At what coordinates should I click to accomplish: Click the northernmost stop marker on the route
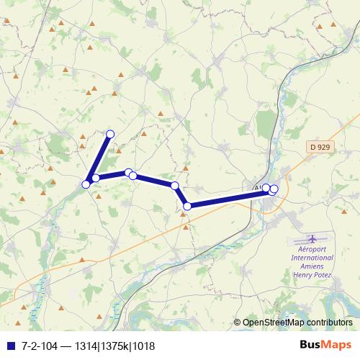click(x=110, y=133)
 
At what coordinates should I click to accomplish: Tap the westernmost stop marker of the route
click(x=86, y=184)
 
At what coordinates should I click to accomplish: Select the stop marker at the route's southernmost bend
click(x=187, y=206)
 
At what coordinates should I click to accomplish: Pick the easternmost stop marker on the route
click(x=274, y=189)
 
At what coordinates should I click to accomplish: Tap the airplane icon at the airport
click(x=312, y=238)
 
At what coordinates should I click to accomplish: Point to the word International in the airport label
click(x=312, y=257)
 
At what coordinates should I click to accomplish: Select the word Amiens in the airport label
click(x=312, y=266)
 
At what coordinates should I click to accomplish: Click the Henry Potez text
click(x=312, y=274)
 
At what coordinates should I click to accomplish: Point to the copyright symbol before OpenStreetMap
click(x=238, y=323)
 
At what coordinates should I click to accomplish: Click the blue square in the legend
click(x=9, y=346)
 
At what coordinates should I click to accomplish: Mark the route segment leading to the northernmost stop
click(x=99, y=156)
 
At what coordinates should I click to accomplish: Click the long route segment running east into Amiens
click(x=227, y=198)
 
